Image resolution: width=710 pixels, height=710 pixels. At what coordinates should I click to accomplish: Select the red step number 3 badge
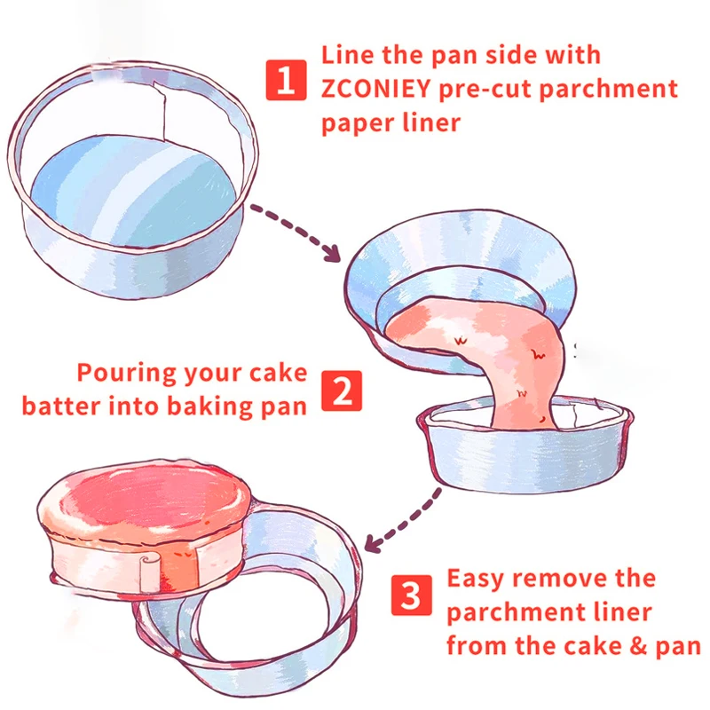(x=411, y=596)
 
